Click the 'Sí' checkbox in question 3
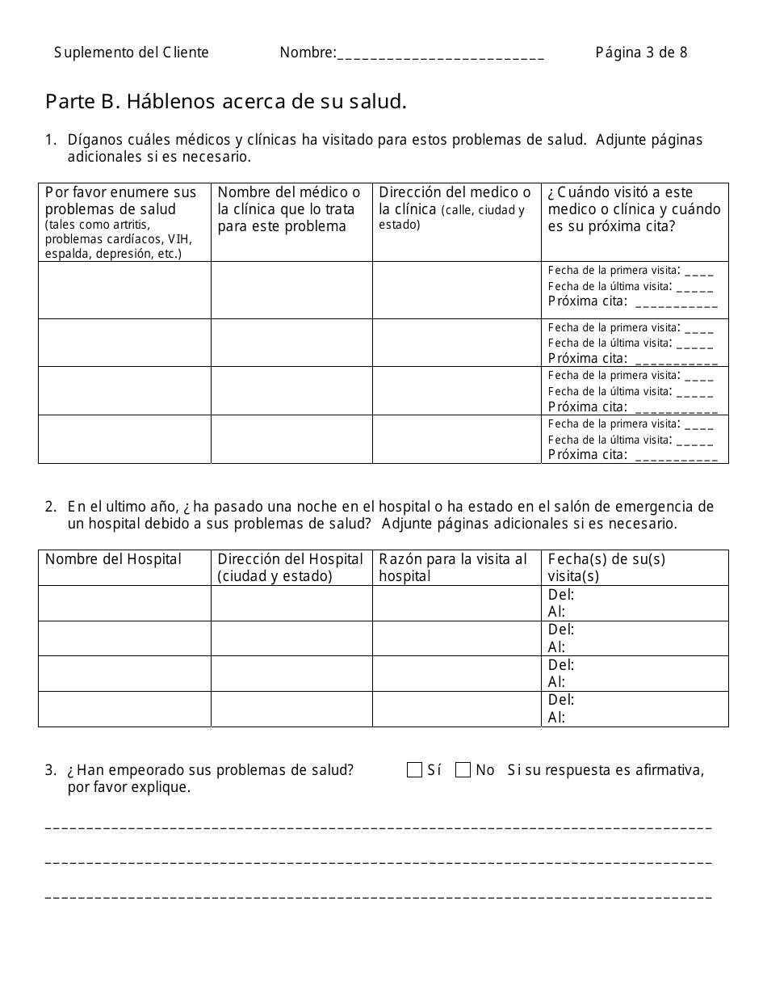pos(414,770)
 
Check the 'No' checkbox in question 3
pos(463,770)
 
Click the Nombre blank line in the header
pos(440,54)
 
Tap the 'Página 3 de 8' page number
pos(641,53)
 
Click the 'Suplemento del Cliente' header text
pos(132,53)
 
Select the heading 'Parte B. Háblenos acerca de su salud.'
pos(226,102)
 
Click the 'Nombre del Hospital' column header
pos(114,559)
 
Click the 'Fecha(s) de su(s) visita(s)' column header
pos(606,567)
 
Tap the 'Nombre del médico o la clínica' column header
pos(289,209)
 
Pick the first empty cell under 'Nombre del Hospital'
pos(124,603)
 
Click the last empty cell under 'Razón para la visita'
pos(456,709)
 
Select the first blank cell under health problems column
pos(124,289)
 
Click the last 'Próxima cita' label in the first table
pos(587,455)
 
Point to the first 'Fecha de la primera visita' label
pos(612,271)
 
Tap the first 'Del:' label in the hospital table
pos(561,595)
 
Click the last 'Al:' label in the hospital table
pos(556,718)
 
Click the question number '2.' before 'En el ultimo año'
pos(51,507)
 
